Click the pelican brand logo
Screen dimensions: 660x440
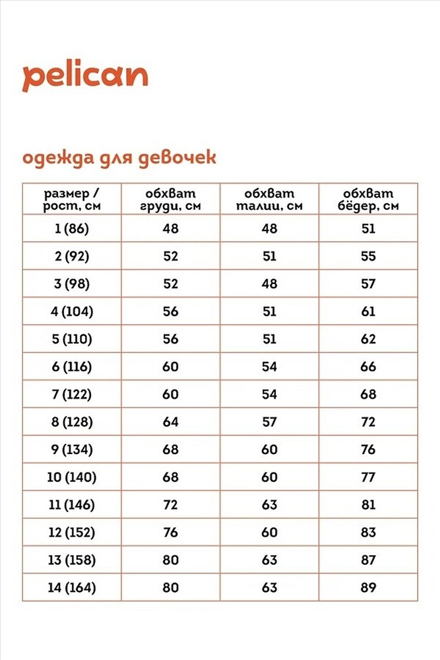[86, 77]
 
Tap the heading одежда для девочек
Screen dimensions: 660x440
[119, 158]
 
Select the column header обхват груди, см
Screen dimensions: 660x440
[170, 199]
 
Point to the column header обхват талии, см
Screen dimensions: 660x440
[269, 199]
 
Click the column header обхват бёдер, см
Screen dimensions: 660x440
[368, 199]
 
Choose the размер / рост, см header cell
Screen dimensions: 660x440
[72, 199]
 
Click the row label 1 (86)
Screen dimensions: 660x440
[72, 229]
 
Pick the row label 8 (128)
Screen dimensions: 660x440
[72, 422]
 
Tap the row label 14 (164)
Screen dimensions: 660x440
[72, 587]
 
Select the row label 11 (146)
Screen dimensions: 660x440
[72, 505]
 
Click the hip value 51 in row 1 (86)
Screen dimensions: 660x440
[368, 229]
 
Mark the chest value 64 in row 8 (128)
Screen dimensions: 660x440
[170, 422]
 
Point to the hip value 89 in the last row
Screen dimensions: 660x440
[368, 587]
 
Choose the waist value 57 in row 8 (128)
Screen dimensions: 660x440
[269, 422]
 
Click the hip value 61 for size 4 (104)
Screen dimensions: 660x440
[368, 312]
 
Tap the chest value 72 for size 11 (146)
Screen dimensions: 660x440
[170, 505]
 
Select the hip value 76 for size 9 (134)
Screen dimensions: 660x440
[368, 449]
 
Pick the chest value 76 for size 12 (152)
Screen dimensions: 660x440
[170, 533]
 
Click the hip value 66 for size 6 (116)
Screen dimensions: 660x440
[368, 367]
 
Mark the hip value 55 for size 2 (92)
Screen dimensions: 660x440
[368, 257]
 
